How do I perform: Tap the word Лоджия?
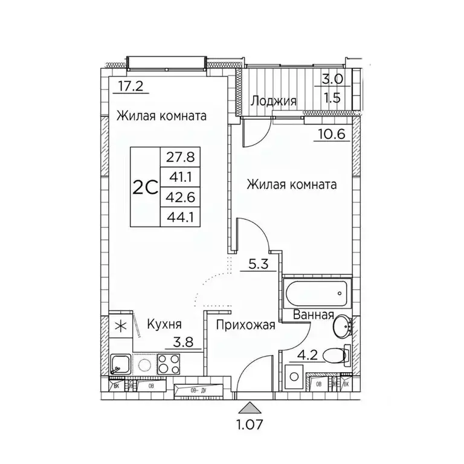[274, 101]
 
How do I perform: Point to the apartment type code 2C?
[146, 187]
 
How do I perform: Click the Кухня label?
[165, 324]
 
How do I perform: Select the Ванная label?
[314, 315]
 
